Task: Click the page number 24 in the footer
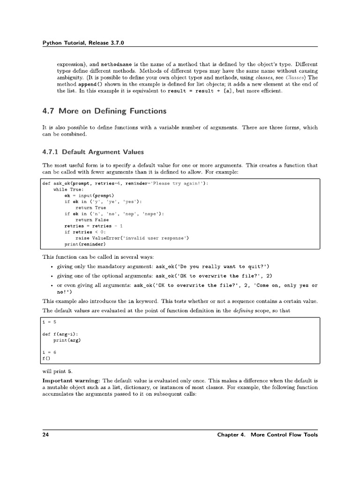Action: (45, 435)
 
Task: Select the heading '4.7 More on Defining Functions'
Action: (104, 111)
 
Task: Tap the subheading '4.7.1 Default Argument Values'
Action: (93, 152)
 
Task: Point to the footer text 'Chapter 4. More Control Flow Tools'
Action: (267, 435)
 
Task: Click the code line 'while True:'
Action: (68, 189)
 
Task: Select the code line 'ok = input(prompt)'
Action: (89, 195)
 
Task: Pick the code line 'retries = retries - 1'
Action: (94, 226)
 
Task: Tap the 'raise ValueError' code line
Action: (132, 238)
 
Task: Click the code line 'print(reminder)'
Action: (85, 244)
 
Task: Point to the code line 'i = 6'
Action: (49, 352)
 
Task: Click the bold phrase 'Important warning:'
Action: (71, 381)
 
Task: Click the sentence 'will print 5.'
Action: (57, 371)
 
